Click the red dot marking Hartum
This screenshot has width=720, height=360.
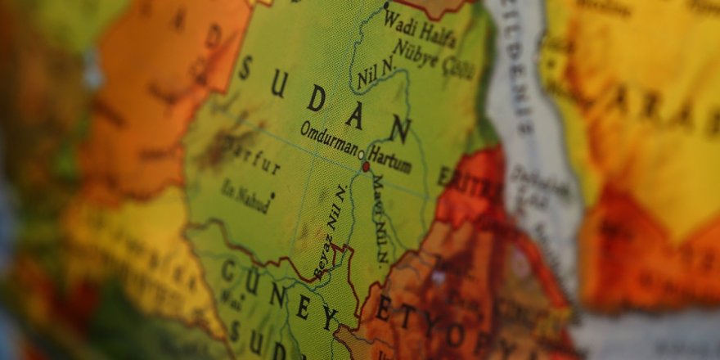(x=366, y=166)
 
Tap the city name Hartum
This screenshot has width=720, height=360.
(x=389, y=159)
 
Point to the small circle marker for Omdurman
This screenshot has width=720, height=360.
(x=361, y=152)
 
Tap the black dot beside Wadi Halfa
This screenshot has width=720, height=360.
(x=386, y=6)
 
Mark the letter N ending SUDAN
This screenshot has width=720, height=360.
(x=399, y=128)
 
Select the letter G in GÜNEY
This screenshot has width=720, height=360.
(x=230, y=271)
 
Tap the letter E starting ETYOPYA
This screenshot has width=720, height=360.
(x=382, y=309)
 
